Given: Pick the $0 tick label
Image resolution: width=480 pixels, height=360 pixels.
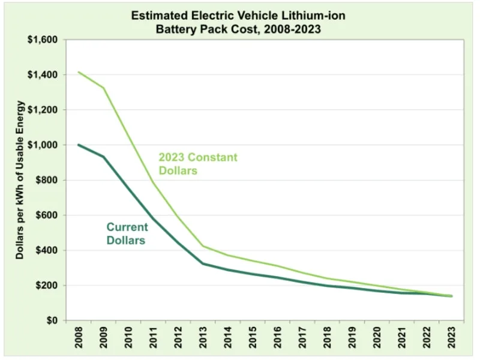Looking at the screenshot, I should [50, 320].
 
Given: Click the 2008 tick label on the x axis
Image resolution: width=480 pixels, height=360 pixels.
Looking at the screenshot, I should [78, 340].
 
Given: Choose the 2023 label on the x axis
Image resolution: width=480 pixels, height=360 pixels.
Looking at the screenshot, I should [451, 340].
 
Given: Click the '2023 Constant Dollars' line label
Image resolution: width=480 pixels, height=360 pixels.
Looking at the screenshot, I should [197, 164].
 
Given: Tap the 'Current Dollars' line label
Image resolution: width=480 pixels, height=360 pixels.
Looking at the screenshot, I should [128, 233].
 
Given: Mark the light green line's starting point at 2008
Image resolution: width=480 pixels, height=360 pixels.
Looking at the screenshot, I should [78, 72].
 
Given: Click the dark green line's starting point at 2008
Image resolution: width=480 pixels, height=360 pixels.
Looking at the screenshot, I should [78, 145].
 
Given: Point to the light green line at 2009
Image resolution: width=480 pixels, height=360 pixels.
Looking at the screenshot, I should [103, 88].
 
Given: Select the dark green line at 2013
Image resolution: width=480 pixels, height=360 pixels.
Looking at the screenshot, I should [203, 263].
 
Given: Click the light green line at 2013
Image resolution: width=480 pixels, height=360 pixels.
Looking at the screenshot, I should [203, 246].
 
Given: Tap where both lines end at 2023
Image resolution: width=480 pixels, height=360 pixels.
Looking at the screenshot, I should [451, 296].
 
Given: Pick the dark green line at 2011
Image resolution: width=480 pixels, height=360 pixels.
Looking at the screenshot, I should [153, 218].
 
